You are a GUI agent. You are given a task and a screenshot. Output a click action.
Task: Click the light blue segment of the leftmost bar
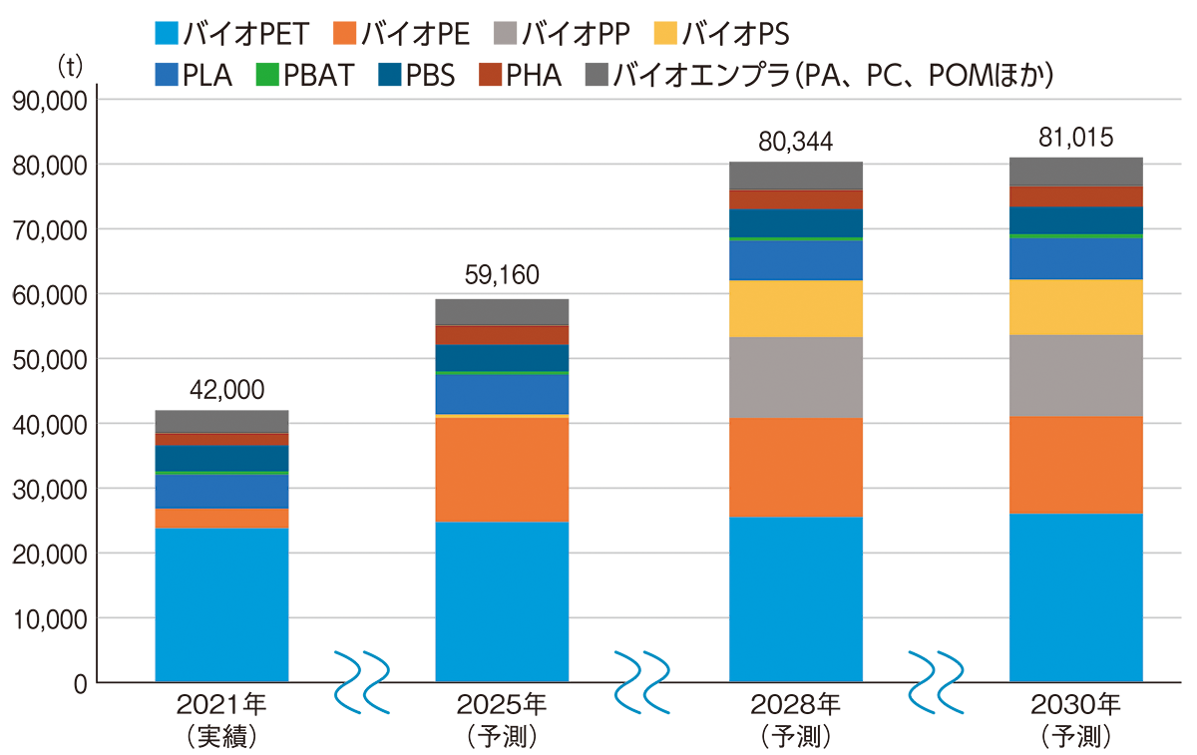click(221, 604)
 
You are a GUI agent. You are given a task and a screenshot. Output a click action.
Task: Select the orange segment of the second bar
click(502, 469)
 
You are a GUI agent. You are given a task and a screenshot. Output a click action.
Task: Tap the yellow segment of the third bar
click(795, 308)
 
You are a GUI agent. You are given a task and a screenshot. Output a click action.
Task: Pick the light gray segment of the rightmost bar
click(1075, 375)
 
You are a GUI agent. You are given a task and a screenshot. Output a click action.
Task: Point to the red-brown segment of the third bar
click(795, 199)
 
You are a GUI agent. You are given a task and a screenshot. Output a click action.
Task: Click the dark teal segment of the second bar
click(502, 357)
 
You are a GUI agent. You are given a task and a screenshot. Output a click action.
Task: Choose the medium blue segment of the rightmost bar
click(1075, 258)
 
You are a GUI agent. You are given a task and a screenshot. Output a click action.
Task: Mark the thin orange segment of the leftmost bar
click(221, 518)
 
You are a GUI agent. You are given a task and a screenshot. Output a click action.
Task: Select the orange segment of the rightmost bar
click(1075, 465)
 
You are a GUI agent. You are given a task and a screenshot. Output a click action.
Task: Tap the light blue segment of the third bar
click(795, 598)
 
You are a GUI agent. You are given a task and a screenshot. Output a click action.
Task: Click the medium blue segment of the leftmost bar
click(221, 491)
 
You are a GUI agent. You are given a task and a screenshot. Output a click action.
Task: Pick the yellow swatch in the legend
click(660, 37)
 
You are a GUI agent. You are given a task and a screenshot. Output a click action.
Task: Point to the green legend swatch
click(262, 75)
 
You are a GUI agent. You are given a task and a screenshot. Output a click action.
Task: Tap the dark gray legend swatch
click(591, 75)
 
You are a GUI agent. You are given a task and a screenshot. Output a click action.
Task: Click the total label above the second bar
click(501, 269)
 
